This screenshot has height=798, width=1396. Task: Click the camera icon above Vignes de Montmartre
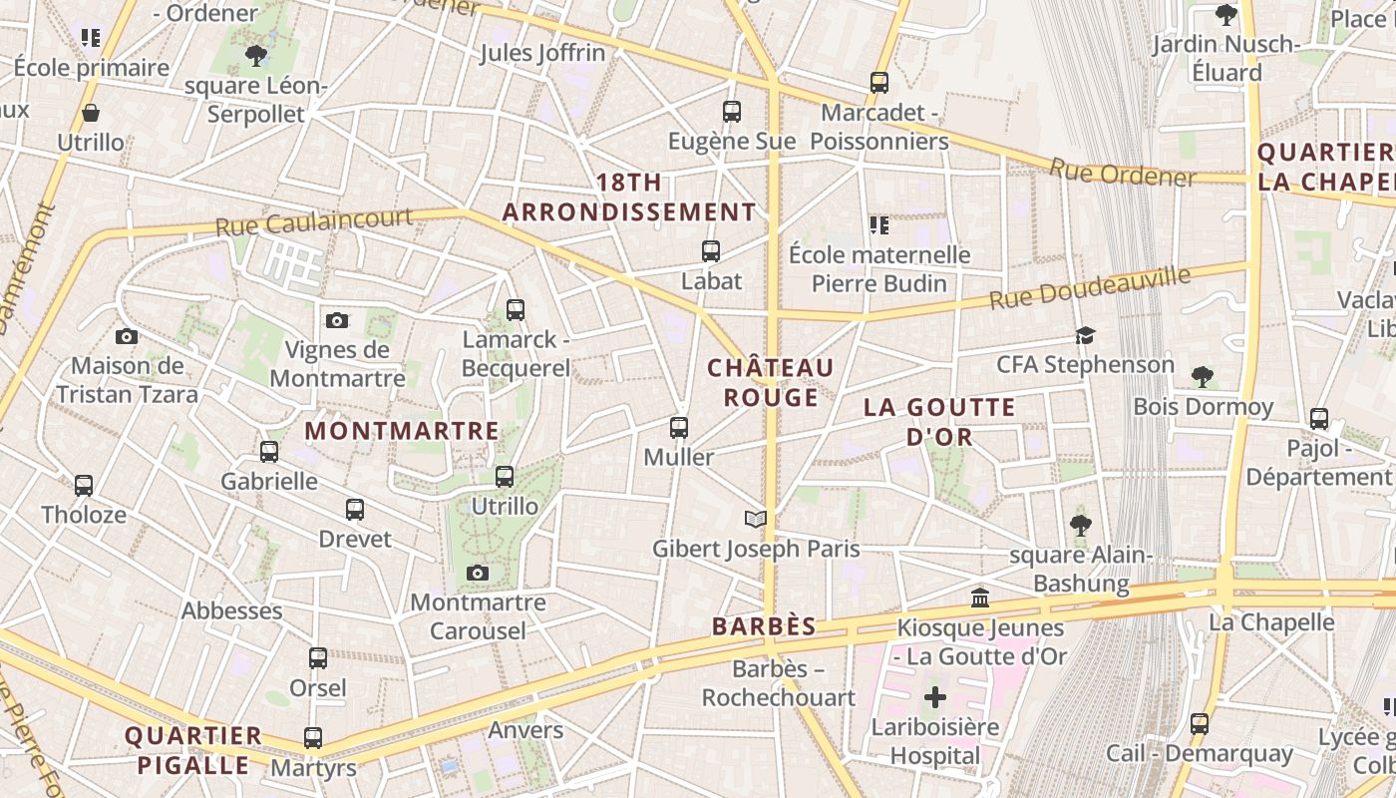pos(337,320)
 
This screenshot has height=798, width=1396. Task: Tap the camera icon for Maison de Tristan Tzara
pos(127,336)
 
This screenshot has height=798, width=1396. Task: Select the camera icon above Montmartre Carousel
pos(478,573)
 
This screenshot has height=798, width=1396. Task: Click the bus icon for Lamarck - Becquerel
pos(515,309)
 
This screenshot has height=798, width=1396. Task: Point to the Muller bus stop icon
pos(679,427)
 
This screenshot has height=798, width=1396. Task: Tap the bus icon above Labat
pos(711,251)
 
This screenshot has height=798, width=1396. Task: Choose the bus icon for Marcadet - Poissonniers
pos(878,83)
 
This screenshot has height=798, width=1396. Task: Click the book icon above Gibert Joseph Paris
pos(756,519)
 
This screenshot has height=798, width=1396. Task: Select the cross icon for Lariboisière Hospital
pos(934,696)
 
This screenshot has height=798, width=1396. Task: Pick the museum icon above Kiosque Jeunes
pos(980,598)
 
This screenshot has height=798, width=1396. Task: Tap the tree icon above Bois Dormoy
pos(1203,376)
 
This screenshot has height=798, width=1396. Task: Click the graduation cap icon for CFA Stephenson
pos(1085,335)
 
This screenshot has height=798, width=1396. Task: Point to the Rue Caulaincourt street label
pos(314,221)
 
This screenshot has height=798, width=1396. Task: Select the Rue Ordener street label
pos(1122,174)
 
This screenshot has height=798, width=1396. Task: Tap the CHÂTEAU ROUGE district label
pos(770,382)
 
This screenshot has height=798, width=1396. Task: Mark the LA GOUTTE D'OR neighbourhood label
pos(939,421)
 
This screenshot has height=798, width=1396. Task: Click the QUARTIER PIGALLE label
pos(192,750)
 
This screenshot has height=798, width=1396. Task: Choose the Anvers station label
pos(525,730)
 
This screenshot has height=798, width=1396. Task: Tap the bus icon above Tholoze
pos(84,486)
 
